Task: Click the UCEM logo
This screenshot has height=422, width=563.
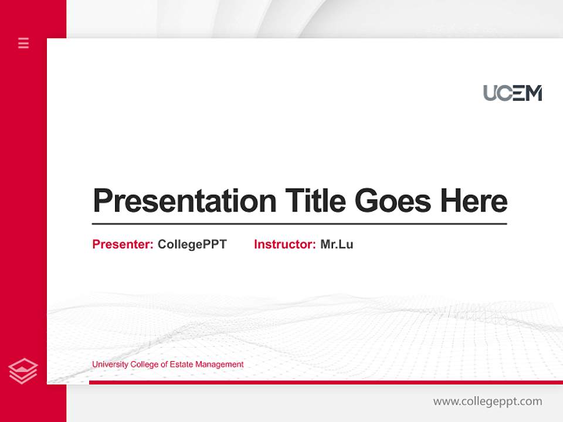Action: point(513,93)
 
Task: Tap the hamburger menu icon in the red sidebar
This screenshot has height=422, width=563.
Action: point(23,43)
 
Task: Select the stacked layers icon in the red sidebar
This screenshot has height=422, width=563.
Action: point(23,371)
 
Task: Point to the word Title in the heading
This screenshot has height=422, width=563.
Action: point(315,200)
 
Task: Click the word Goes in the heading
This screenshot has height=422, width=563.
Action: point(393,200)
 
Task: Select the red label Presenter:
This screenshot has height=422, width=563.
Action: point(123,244)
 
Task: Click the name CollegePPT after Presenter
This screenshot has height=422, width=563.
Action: point(192,244)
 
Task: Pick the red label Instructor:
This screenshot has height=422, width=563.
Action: point(284,244)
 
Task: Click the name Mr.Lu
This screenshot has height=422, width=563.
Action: point(337,244)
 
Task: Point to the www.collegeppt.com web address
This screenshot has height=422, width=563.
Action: point(487,401)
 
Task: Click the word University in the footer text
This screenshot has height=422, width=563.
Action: point(110,365)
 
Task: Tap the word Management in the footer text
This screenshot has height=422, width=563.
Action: point(219,365)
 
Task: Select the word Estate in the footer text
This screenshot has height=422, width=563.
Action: point(181,365)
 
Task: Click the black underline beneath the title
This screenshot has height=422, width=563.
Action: point(299,223)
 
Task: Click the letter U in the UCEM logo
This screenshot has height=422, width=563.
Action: point(491,93)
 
